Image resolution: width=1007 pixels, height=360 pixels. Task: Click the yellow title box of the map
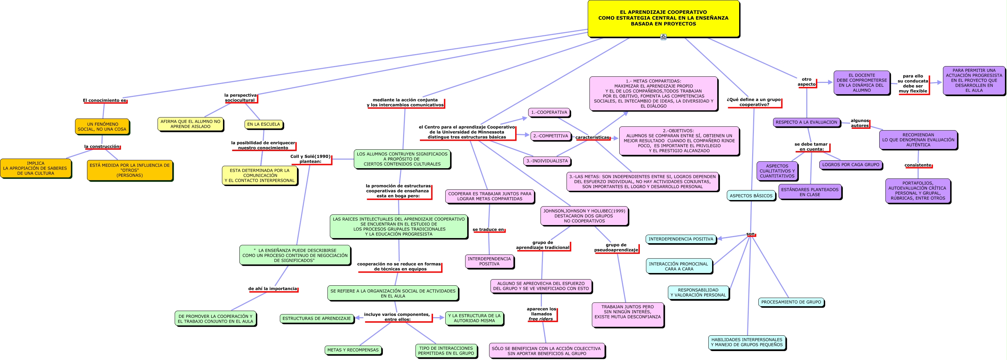click(x=663, y=18)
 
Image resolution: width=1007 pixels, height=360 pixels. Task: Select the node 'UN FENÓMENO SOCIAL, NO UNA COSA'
click(x=102, y=127)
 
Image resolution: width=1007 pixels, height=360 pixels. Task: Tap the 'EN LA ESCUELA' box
click(x=263, y=124)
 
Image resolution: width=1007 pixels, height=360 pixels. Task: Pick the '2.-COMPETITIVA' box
click(x=550, y=136)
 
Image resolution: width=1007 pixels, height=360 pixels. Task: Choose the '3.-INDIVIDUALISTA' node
click(x=547, y=161)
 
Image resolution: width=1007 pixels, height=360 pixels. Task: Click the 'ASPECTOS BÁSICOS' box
click(x=751, y=196)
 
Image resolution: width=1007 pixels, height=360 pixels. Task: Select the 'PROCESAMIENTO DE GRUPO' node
click(x=791, y=302)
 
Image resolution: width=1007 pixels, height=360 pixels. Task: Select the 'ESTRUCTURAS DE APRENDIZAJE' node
click(x=316, y=319)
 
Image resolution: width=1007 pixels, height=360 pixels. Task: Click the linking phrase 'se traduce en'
click(x=488, y=230)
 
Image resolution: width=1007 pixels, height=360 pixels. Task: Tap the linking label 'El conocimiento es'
click(x=104, y=100)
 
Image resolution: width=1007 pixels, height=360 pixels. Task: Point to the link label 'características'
click(x=592, y=138)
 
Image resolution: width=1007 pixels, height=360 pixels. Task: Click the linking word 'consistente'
click(x=918, y=165)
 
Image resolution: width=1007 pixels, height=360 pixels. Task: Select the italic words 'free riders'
click(x=540, y=319)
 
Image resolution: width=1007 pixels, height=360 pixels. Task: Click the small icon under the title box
click(x=663, y=37)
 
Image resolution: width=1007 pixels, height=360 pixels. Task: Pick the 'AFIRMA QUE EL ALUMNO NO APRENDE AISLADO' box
click(x=190, y=124)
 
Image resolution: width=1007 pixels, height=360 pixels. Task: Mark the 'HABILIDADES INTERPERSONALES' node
click(x=747, y=343)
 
